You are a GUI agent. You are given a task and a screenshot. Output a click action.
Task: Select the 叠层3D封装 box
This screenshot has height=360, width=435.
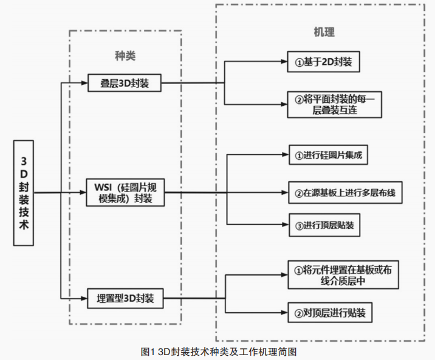[125, 83]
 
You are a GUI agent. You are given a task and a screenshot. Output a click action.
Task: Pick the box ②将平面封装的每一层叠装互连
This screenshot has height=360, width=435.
[335, 104]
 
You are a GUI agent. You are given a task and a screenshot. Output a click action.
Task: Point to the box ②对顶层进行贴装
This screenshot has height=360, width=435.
[329, 313]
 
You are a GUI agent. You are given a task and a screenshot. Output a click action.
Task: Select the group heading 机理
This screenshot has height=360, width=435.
[324, 32]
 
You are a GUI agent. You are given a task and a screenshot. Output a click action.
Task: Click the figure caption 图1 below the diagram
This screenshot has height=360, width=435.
[217, 351]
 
